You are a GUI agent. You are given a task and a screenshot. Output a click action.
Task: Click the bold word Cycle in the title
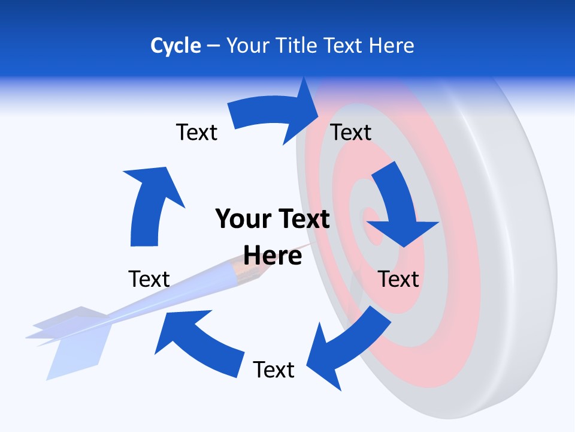(175, 46)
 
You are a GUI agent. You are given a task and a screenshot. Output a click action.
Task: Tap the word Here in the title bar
(391, 46)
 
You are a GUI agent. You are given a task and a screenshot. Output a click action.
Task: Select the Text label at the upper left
(196, 132)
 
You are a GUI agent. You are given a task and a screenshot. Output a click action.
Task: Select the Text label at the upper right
(351, 132)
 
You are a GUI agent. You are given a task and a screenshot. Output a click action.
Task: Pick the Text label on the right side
(398, 279)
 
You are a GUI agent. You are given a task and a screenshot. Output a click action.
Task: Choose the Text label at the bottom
(274, 370)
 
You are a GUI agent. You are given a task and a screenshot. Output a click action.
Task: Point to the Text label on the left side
(149, 279)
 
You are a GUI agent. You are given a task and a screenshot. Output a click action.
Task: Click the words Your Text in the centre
(273, 219)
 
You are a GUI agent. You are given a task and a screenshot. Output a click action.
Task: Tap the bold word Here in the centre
(273, 256)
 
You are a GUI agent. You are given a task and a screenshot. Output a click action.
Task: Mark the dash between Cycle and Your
(213, 46)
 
